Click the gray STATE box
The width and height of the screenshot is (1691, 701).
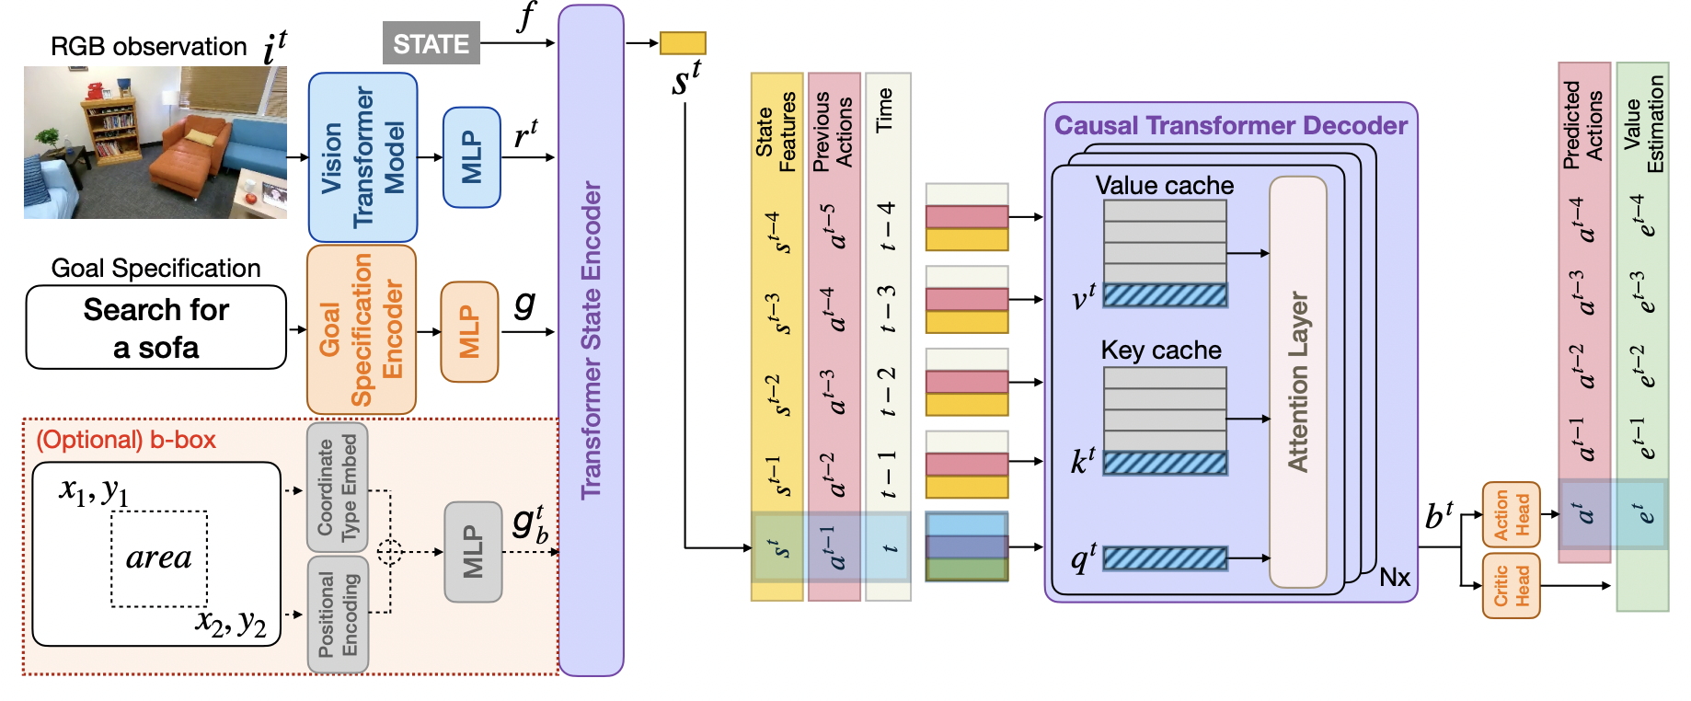(x=431, y=43)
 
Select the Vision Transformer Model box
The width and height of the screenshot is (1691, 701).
(x=362, y=157)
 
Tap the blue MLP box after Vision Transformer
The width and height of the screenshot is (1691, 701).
(x=471, y=157)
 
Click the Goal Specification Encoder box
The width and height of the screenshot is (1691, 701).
(x=361, y=329)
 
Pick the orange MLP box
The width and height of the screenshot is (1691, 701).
(x=469, y=331)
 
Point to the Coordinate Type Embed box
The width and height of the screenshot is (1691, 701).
(x=337, y=487)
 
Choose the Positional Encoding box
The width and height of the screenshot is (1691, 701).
(x=337, y=614)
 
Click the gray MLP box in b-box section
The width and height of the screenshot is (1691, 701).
(x=473, y=552)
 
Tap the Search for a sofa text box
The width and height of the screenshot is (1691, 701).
(x=156, y=328)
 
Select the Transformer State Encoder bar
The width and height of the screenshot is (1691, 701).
(x=591, y=340)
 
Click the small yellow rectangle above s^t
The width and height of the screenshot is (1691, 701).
(x=683, y=42)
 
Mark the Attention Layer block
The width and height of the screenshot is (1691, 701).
(x=1297, y=382)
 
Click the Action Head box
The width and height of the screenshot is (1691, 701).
(x=1511, y=514)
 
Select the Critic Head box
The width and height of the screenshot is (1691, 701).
(x=1511, y=586)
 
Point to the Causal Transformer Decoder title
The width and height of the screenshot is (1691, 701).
(x=1230, y=126)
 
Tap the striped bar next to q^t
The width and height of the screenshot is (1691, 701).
(x=1165, y=557)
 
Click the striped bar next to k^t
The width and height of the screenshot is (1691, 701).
(x=1165, y=463)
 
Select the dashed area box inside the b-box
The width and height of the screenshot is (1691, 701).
(x=159, y=558)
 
